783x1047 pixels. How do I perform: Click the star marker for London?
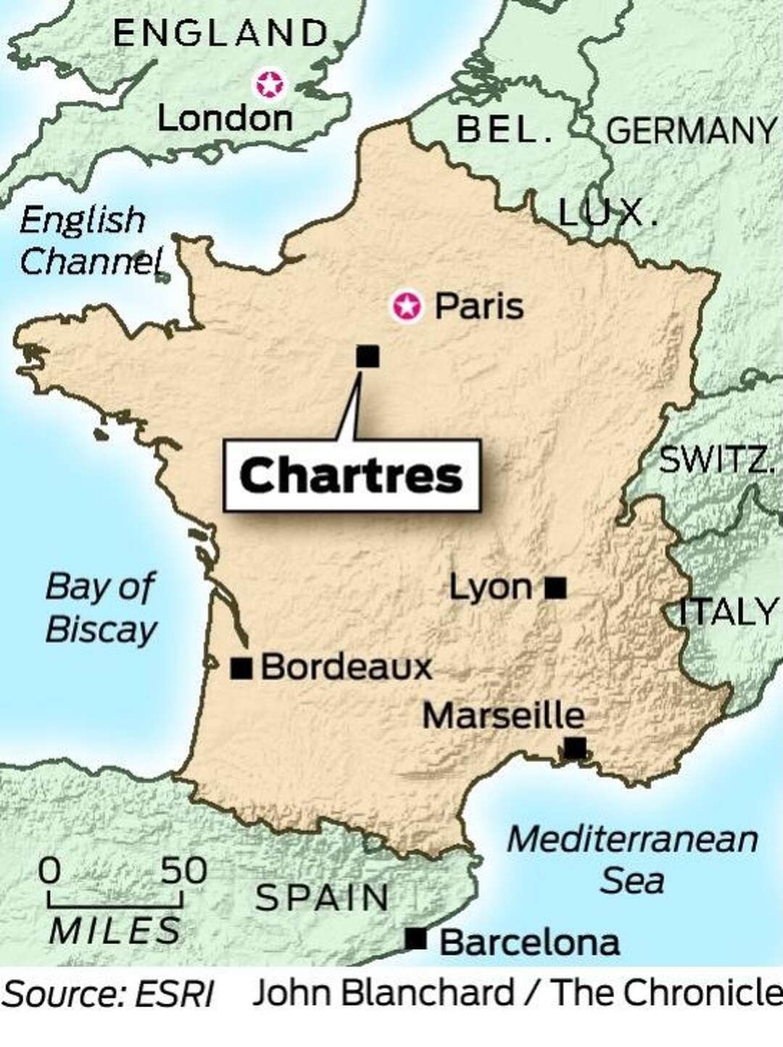pos(270,85)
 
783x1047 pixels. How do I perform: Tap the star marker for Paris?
pos(407,307)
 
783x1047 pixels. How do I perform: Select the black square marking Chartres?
pos(368,356)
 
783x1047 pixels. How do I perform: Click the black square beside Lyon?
pos(555,587)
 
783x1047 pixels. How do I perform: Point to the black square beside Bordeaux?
pos(241,667)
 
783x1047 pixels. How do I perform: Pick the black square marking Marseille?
pos(574,747)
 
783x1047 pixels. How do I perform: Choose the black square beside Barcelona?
pos(415,939)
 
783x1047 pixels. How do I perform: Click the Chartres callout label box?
pos(352,476)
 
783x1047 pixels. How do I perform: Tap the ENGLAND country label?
pos(221,33)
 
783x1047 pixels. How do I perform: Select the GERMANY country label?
pos(690,131)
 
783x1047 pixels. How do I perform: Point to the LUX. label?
pos(608,212)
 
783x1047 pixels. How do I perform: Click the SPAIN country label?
pos(323,898)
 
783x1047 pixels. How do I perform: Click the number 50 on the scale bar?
pos(183,870)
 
